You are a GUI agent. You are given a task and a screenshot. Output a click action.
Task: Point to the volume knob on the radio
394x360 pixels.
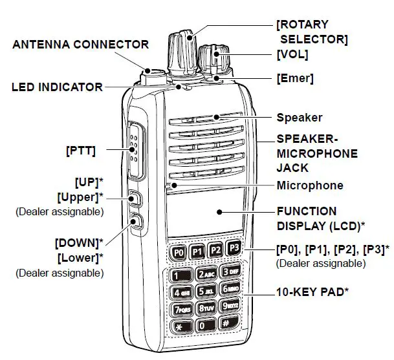(214, 59)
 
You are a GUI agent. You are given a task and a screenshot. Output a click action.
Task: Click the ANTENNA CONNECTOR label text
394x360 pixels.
(81, 45)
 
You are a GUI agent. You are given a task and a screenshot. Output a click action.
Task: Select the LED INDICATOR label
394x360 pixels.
(57, 87)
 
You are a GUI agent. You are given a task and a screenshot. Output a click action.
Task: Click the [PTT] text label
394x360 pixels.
(81, 151)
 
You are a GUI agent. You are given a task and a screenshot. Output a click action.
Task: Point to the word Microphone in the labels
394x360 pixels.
(310, 186)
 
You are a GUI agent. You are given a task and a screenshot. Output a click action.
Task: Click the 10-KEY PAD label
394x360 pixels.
(313, 291)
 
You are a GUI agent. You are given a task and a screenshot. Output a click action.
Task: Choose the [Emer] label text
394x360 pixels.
(294, 79)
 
